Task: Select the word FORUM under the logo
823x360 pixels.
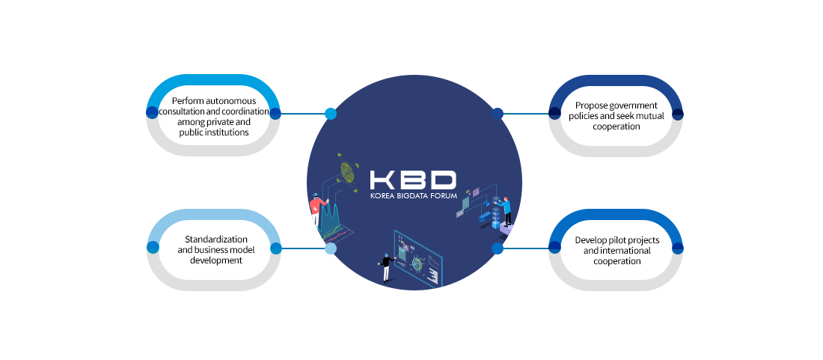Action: [444, 195]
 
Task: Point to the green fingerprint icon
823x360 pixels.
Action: [347, 172]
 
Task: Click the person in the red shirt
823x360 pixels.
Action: [317, 208]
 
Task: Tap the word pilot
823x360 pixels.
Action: [616, 240]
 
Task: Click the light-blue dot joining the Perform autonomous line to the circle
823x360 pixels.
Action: [331, 113]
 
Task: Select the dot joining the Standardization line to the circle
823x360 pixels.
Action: [331, 248]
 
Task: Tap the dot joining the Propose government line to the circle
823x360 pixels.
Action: [497, 113]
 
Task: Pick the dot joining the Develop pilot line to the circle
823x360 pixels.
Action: [497, 248]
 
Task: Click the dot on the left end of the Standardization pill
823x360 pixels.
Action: [153, 248]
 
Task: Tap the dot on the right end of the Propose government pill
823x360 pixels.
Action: [678, 113]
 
